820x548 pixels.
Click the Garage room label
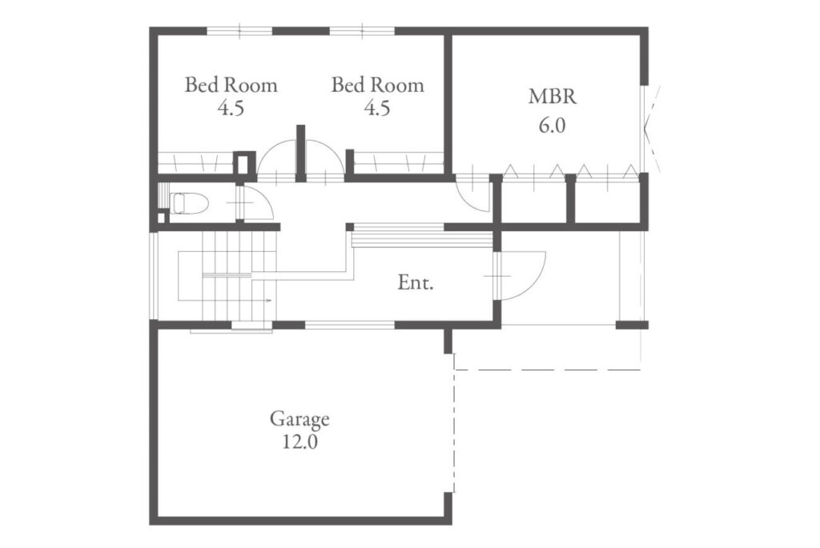tap(299, 418)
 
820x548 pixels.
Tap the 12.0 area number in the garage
tap(300, 442)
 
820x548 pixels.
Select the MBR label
tap(553, 97)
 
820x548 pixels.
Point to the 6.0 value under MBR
tap(553, 126)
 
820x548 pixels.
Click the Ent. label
tap(416, 283)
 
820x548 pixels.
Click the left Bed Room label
tap(231, 85)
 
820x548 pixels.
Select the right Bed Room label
tap(378, 85)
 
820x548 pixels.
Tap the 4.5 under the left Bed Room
tap(231, 108)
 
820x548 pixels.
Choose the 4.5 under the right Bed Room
tap(377, 108)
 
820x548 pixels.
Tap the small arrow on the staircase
tap(269, 300)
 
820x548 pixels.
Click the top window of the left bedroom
tap(239, 31)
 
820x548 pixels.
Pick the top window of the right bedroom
tap(362, 31)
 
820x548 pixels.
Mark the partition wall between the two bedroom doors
tap(301, 153)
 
